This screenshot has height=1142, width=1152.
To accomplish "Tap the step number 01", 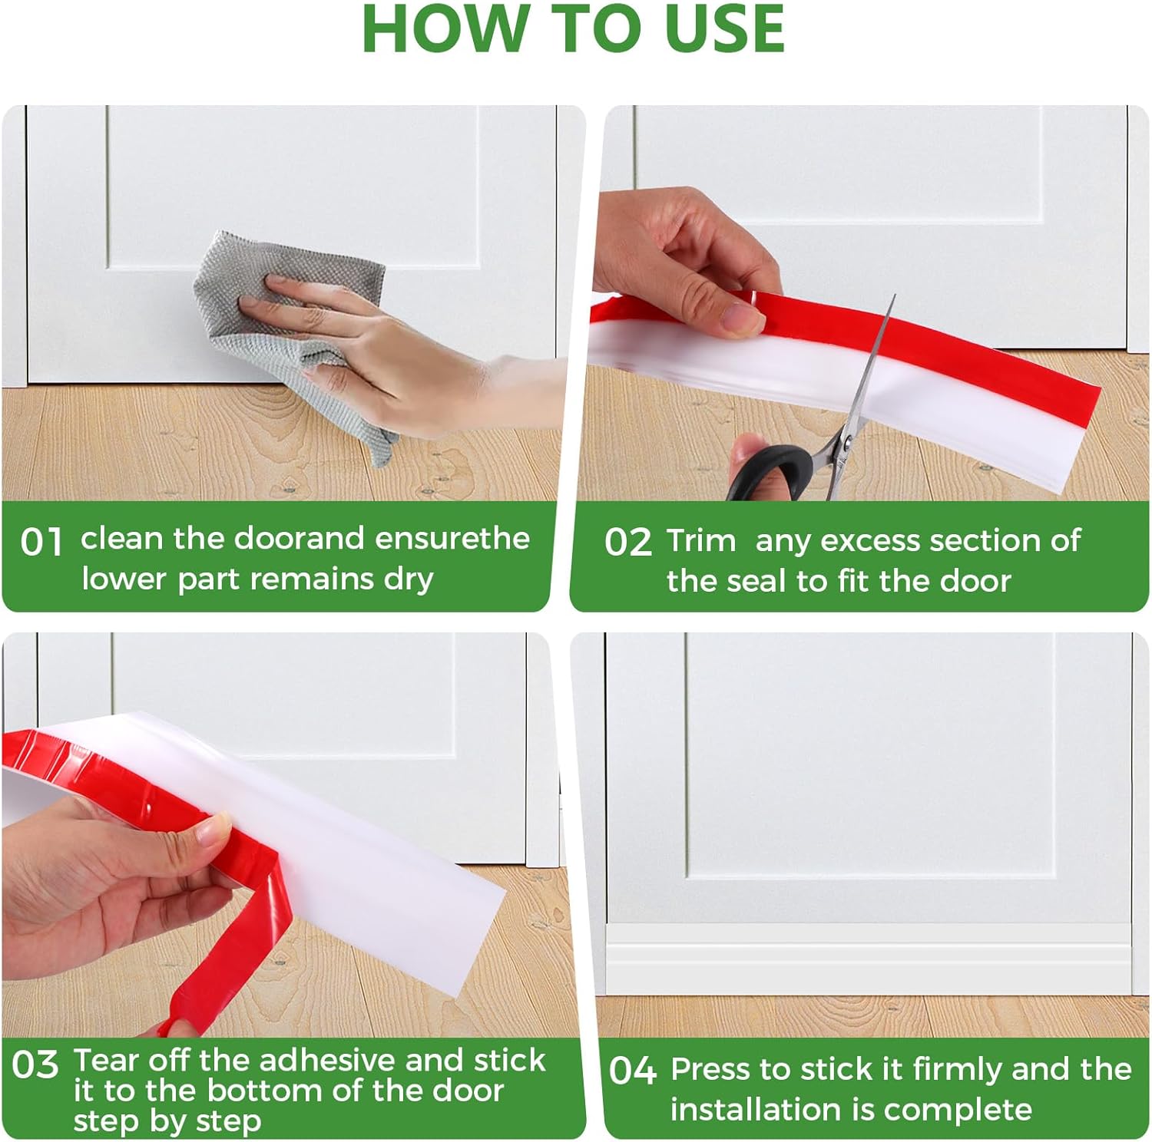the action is click(41, 542).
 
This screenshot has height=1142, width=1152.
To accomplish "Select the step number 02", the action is click(627, 542).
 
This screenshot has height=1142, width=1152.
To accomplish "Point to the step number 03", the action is click(35, 1064).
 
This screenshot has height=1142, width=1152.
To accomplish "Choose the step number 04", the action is click(633, 1071).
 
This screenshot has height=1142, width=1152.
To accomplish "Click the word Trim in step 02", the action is click(701, 540).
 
